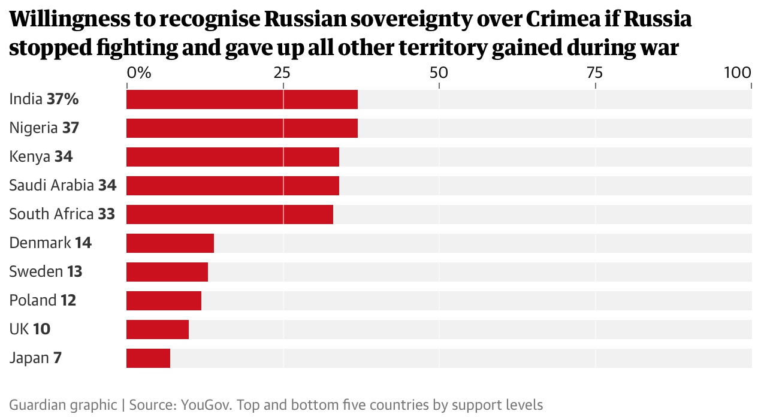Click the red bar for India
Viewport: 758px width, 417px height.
click(242, 99)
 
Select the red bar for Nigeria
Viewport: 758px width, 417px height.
click(242, 128)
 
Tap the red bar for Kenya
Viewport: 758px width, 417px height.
click(232, 157)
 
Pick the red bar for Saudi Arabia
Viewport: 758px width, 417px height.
click(232, 186)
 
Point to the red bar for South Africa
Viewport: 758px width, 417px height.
click(229, 214)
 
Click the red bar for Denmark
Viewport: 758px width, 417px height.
click(170, 243)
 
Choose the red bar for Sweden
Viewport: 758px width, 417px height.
click(167, 272)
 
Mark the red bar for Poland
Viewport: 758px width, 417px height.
click(164, 301)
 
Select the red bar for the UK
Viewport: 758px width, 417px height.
click(158, 330)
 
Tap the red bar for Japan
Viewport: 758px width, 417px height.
click(148, 358)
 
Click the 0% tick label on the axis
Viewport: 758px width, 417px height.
click(138, 73)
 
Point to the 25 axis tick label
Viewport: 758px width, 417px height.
click(282, 73)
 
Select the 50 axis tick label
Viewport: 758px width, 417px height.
click(439, 73)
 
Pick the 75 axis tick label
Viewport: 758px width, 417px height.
click(594, 73)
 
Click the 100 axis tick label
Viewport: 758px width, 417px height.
click(738, 73)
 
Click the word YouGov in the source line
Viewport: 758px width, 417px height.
click(206, 404)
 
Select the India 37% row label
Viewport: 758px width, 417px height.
click(44, 99)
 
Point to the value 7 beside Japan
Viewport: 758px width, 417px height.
click(58, 358)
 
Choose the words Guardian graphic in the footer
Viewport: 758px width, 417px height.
click(63, 404)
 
